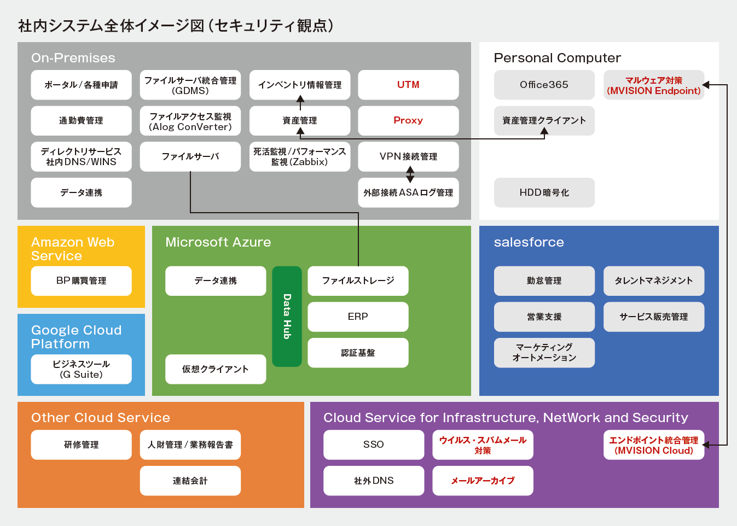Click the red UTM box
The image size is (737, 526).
(408, 85)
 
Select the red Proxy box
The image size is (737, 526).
(408, 121)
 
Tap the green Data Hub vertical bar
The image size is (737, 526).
(287, 316)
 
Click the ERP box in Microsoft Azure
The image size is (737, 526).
(358, 317)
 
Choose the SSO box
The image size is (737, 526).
(374, 445)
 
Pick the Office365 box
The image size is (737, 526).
(544, 85)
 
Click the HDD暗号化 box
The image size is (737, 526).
(544, 192)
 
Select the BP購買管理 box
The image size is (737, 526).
(82, 280)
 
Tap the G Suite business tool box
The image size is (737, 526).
(82, 369)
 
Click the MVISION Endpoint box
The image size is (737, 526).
(654, 85)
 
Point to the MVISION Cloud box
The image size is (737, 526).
(654, 445)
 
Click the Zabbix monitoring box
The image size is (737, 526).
(300, 156)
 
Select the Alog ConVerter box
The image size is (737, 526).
(190, 121)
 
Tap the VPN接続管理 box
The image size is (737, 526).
(408, 156)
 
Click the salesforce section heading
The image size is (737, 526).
(529, 242)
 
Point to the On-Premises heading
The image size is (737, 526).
(73, 58)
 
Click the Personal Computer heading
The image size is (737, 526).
(558, 58)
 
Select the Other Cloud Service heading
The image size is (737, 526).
(100, 418)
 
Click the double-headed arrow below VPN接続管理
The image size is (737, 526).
(410, 174)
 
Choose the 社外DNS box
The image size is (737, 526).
(374, 481)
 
